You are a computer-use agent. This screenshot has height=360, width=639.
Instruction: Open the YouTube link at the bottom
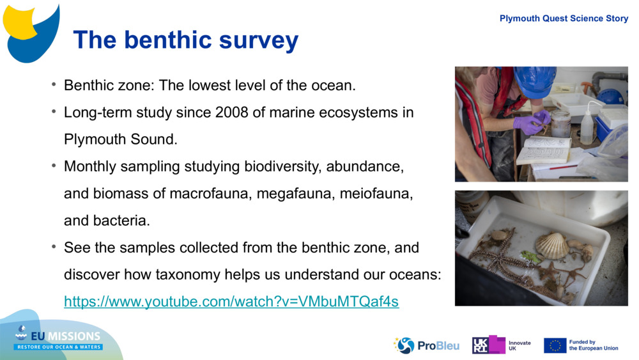click(231, 301)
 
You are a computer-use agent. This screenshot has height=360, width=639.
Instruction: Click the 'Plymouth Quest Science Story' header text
click(564, 19)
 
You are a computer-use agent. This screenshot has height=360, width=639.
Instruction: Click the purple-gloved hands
click(534, 121)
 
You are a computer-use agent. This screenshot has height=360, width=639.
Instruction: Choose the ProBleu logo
click(426, 345)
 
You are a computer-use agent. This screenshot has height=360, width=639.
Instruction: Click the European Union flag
click(555, 345)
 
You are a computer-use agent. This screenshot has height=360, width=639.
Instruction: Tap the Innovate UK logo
click(502, 345)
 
